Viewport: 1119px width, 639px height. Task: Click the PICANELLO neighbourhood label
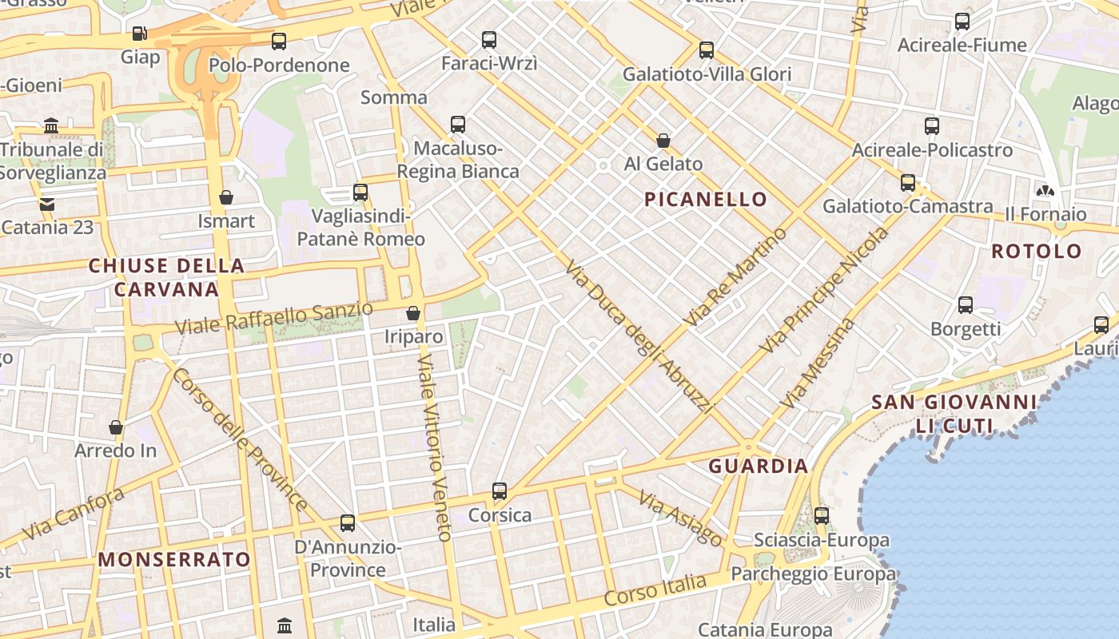point(706,199)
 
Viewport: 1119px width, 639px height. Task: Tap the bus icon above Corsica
point(500,491)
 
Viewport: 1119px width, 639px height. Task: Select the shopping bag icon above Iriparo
point(413,313)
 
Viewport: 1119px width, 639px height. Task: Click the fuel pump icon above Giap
point(140,34)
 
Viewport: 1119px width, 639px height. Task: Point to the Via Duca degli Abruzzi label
point(639,337)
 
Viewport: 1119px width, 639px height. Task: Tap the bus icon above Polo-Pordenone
point(278,42)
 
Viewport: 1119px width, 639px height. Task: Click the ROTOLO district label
point(1037,251)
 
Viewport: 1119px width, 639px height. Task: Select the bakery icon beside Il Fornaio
point(1044,190)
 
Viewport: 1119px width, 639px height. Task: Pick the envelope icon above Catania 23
point(47,204)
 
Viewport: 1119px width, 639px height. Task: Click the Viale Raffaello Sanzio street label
point(274,317)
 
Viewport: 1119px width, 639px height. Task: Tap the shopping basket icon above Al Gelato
point(663,141)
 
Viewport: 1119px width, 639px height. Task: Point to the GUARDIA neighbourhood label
point(759,466)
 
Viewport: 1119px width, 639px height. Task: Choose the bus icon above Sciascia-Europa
point(822,516)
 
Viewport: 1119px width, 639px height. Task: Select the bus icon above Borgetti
point(966,304)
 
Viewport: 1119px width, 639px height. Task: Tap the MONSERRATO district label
point(175,559)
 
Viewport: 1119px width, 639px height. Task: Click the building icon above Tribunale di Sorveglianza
point(52,125)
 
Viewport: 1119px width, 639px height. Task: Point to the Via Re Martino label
point(735,276)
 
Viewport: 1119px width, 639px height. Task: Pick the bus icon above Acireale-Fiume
point(962,22)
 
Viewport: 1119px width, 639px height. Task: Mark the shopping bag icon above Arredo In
point(116,427)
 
